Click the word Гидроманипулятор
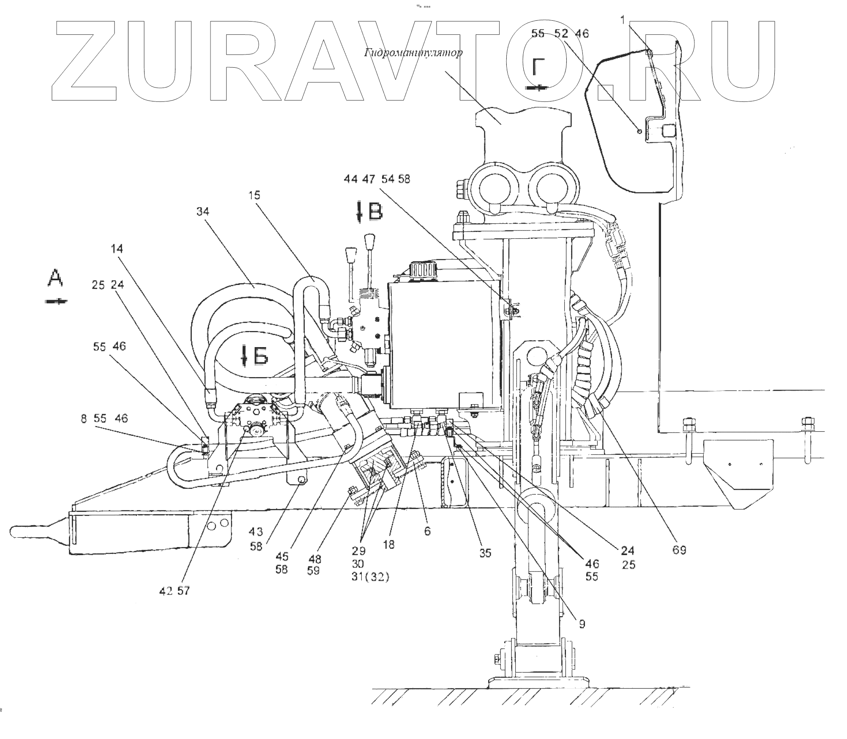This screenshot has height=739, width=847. click(x=413, y=53)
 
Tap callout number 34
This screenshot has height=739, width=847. click(x=203, y=211)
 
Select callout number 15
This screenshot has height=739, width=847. click(x=254, y=195)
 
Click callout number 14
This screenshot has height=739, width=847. click(x=117, y=249)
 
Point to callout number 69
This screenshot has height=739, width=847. click(x=680, y=550)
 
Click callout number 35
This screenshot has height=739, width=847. click(x=485, y=553)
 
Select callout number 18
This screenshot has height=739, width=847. click(x=388, y=545)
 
